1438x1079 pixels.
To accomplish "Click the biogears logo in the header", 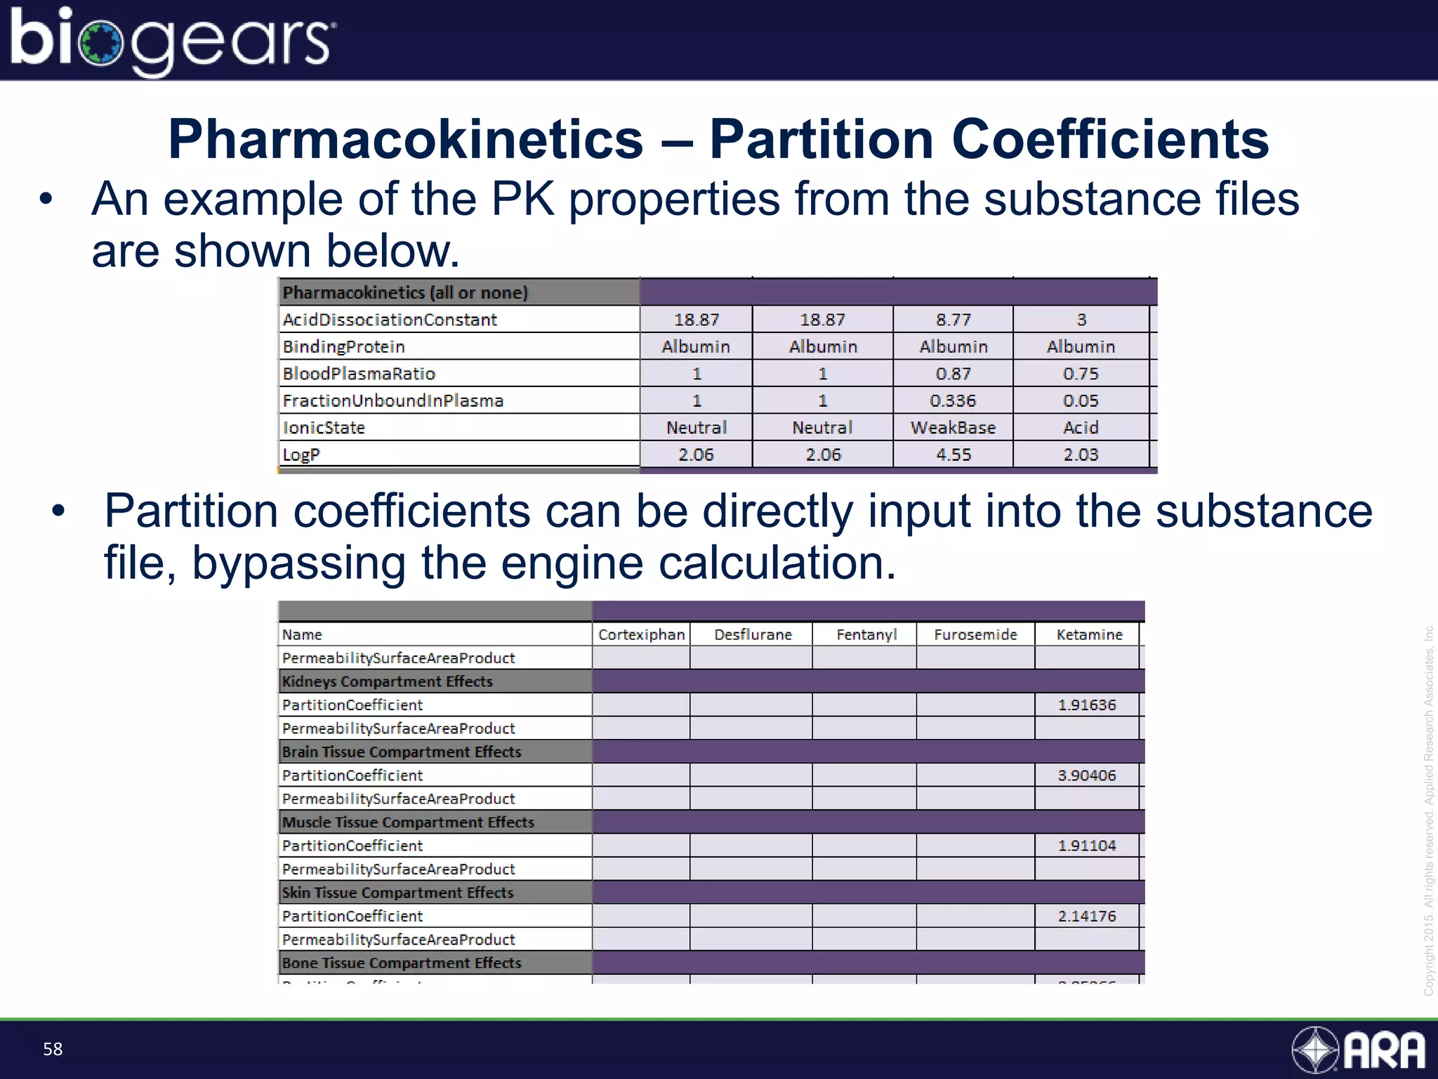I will click(172, 41).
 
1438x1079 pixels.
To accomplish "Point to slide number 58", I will click(53, 1049).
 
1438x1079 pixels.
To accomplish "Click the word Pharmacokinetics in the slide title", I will click(406, 139).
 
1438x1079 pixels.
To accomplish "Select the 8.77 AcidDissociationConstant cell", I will click(953, 320).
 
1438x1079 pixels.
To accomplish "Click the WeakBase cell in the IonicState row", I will click(953, 428).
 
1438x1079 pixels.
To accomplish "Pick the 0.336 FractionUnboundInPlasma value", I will click(953, 400).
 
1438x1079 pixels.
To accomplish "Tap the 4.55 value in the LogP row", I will click(953, 455).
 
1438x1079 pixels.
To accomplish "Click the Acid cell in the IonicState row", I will click(1081, 428).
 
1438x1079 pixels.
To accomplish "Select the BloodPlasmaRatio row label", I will click(359, 374).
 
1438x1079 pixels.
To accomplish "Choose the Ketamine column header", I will click(1089, 634).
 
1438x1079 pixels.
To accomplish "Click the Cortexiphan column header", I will click(641, 634).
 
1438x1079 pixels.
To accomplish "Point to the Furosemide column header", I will click(975, 634).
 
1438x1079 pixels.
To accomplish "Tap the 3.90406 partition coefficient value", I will click(1087, 776).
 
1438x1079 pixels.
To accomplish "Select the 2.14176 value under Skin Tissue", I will click(1087, 916).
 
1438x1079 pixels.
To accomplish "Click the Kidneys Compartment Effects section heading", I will click(387, 681).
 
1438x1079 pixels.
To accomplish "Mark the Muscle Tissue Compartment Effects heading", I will click(408, 822).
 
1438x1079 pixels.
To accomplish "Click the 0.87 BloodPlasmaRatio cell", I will click(953, 374).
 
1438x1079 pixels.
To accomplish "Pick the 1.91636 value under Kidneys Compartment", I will click(1087, 705).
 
